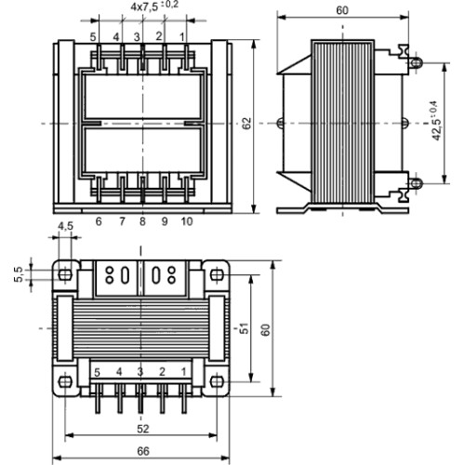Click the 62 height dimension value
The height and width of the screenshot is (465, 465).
click(x=247, y=124)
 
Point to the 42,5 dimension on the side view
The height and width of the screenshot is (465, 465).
click(x=438, y=121)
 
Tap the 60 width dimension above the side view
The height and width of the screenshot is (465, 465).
click(x=342, y=10)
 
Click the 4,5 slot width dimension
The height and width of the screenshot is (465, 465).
click(x=65, y=226)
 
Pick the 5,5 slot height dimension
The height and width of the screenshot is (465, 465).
click(x=19, y=274)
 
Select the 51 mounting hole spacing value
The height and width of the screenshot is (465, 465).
click(x=245, y=328)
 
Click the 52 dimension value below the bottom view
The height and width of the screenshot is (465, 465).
click(x=143, y=429)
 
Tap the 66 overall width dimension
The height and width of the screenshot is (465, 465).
click(x=143, y=451)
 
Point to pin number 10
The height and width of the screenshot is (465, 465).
click(x=187, y=221)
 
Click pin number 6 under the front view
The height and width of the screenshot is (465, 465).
click(x=99, y=221)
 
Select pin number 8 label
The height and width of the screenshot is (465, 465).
click(x=142, y=221)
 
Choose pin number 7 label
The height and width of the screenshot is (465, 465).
click(x=122, y=221)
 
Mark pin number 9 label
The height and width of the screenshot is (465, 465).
click(x=165, y=221)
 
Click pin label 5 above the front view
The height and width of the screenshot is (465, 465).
click(x=93, y=37)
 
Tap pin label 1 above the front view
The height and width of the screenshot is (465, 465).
click(x=182, y=37)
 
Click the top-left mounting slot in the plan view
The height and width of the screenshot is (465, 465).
click(x=65, y=274)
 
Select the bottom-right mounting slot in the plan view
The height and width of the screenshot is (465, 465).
click(x=217, y=381)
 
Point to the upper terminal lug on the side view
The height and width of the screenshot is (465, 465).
click(x=416, y=63)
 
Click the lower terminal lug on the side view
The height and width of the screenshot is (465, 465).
click(x=416, y=183)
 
